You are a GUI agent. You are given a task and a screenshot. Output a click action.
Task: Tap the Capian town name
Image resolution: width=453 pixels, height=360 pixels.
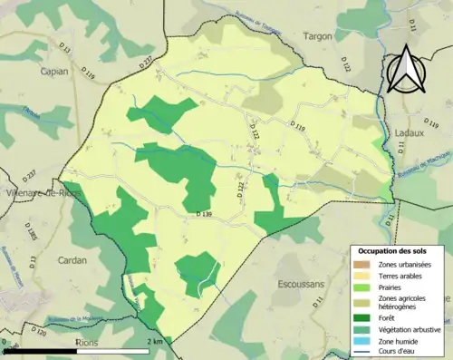point(54,69)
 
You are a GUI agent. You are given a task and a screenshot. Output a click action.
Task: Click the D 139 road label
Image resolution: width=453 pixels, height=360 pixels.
point(204,214)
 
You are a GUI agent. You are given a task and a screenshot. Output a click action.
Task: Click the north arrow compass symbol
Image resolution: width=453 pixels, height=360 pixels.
point(402,64)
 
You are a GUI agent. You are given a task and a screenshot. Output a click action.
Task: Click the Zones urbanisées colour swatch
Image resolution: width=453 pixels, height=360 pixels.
point(364,264)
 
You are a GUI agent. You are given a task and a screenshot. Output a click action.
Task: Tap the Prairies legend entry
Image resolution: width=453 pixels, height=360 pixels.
point(392,287)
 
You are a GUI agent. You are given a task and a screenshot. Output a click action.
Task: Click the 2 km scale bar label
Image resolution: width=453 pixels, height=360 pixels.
point(155,341)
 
